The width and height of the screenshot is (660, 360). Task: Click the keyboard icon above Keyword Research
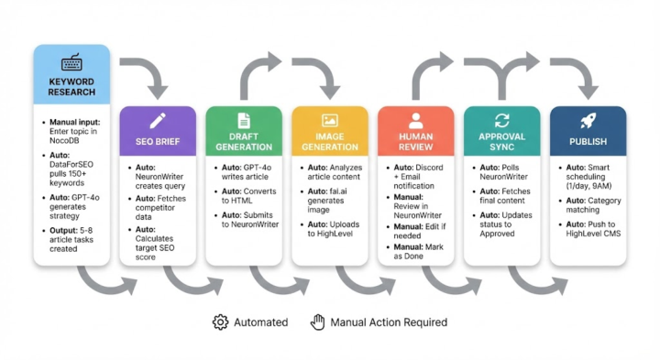71,63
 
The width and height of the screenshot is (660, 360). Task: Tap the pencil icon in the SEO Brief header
158,121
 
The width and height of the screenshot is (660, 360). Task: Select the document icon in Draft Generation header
244,121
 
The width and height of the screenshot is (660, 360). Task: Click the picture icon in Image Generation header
330,121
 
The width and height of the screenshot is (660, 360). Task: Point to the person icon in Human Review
415,121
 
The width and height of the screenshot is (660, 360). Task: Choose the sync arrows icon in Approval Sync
501,121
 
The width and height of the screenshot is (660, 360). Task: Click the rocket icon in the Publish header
588,121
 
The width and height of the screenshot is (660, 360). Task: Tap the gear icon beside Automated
220,322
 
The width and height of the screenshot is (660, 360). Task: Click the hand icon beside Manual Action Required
318,322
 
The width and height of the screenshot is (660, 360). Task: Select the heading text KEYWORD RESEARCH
71,87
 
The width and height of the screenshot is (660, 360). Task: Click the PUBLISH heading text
588,142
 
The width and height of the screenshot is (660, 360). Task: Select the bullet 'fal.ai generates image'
333,200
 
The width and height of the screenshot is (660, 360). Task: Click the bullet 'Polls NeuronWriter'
505,174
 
